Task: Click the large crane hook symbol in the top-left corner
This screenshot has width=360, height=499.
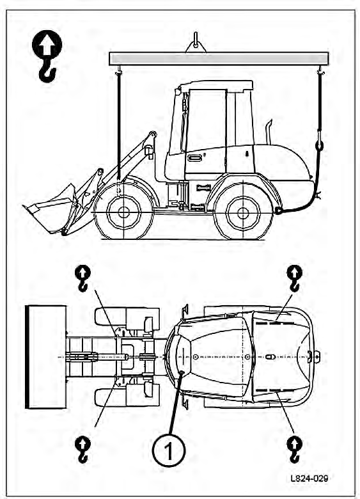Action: [47, 56]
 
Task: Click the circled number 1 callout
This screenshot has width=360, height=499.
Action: [169, 450]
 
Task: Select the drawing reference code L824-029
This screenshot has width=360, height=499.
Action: [309, 478]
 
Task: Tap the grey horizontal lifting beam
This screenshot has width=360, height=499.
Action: [219, 59]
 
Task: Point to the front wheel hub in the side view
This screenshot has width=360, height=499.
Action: [123, 212]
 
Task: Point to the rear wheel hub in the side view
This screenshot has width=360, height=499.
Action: [243, 213]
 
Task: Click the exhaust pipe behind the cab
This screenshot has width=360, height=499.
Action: [269, 132]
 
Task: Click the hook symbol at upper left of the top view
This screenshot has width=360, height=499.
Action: [82, 278]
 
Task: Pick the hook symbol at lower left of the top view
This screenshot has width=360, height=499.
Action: [82, 450]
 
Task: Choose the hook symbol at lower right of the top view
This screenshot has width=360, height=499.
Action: [295, 450]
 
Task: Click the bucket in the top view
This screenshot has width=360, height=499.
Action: [46, 357]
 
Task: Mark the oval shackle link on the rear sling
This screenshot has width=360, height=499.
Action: [319, 145]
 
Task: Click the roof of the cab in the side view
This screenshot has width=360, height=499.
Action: [216, 86]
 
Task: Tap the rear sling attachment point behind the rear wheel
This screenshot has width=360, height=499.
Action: [279, 210]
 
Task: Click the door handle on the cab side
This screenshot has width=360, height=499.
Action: [195, 157]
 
